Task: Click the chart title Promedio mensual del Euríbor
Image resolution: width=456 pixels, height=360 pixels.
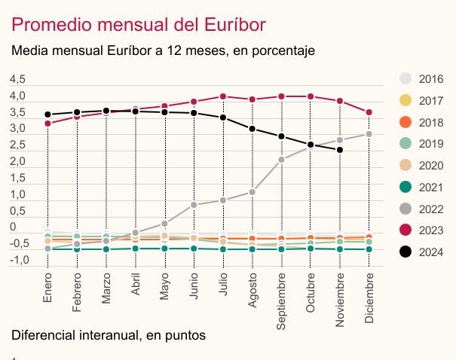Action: (138, 24)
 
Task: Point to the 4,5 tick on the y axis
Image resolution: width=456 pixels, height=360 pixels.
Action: (17, 79)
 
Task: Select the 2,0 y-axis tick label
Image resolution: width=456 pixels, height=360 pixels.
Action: (17, 161)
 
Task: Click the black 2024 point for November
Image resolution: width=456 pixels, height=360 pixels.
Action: (341, 150)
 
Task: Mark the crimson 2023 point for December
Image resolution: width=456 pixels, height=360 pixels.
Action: (369, 113)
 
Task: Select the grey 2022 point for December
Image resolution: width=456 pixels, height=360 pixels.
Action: (369, 134)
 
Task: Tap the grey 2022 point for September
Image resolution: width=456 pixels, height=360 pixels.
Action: (282, 159)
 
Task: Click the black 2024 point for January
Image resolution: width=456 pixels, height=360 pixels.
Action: (47, 114)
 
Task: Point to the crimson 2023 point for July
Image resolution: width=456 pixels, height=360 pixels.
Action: (223, 96)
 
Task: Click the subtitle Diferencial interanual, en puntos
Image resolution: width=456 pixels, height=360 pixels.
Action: (109, 334)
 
